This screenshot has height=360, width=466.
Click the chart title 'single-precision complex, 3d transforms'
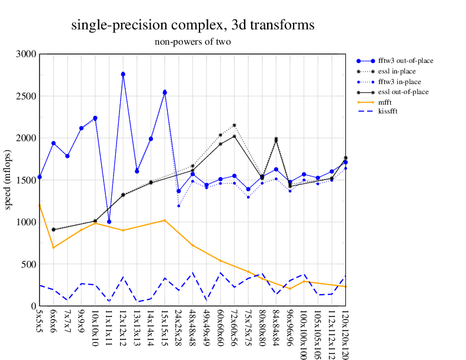tap(192, 25)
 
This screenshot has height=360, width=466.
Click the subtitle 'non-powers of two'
tap(192, 42)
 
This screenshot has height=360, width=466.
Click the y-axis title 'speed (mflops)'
tap(9, 180)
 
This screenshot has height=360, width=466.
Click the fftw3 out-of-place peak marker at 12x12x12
tap(123, 74)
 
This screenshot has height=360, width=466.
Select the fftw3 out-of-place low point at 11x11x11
tap(109, 222)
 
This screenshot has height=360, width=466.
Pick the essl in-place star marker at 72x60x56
tap(234, 125)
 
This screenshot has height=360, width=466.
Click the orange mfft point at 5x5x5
tap(39, 205)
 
